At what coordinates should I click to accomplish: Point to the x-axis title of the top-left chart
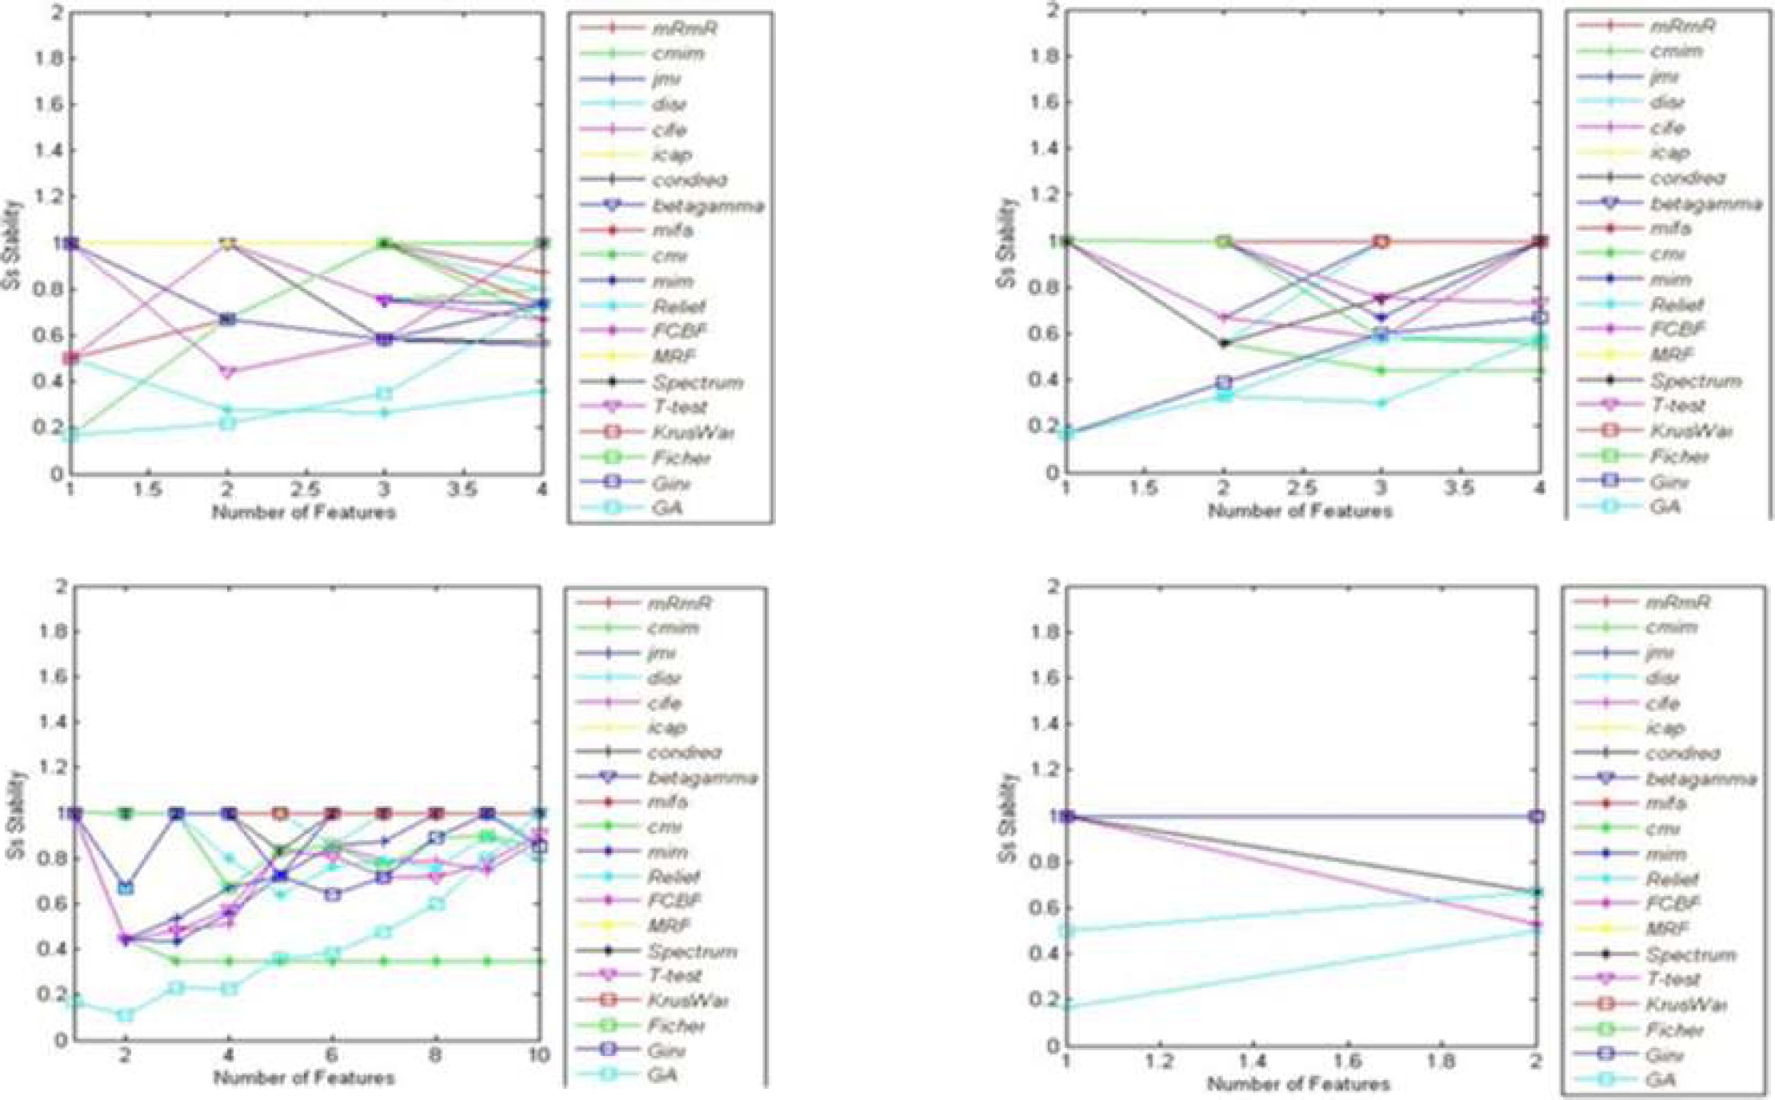pos(304,512)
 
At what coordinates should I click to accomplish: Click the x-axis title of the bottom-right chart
pos(1298,1084)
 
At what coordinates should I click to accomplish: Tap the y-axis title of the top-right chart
pos(1009,242)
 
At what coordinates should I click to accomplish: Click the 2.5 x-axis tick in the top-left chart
pos(306,489)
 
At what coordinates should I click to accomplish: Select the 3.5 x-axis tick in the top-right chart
pos(1460,487)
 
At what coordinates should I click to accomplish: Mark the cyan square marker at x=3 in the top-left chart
pos(385,394)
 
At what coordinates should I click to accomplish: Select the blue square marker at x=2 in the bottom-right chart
pos(1536,816)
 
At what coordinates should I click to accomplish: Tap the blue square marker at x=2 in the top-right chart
pos(1223,382)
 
